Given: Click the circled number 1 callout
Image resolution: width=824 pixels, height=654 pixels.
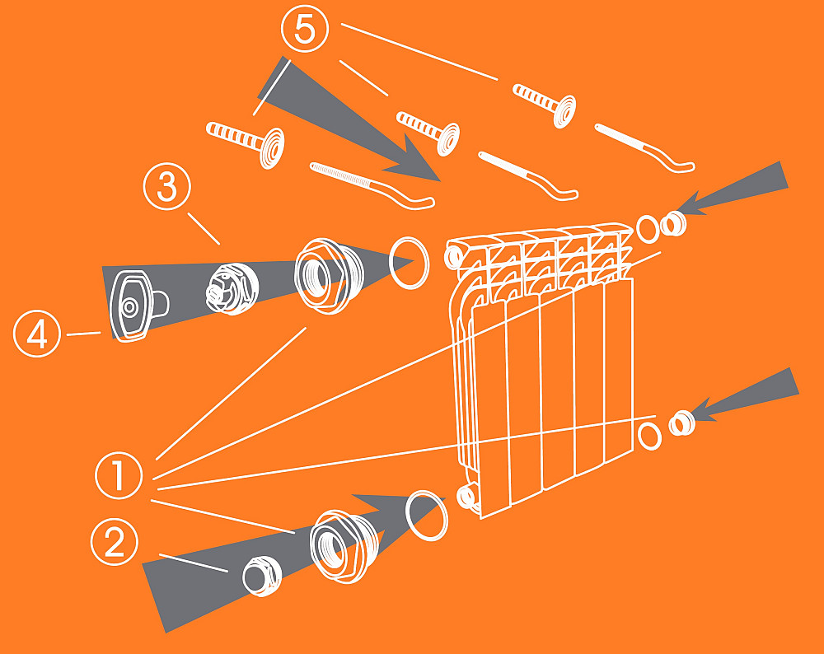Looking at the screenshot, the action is point(119,475).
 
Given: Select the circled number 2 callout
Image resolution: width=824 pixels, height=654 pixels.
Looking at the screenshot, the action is point(115,542).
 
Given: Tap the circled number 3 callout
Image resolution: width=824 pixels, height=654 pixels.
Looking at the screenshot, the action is point(167,186).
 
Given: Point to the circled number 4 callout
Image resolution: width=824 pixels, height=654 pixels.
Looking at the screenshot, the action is point(37,334).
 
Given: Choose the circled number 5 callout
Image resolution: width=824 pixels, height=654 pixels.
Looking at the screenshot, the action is point(305,28).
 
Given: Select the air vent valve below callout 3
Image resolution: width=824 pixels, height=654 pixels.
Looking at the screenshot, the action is point(232,289).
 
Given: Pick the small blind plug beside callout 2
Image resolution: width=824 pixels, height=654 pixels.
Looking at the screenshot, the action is point(262,576).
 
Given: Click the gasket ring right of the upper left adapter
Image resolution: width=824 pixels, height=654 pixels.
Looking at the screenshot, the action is point(409,263).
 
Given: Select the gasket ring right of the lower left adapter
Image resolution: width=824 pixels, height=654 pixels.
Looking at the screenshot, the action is point(427,516).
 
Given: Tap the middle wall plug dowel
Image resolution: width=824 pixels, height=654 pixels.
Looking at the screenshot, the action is point(428,132).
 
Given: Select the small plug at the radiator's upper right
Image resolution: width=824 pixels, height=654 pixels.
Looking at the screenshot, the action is point(673,224).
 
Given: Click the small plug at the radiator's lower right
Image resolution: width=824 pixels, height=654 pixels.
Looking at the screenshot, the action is point(682,423).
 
